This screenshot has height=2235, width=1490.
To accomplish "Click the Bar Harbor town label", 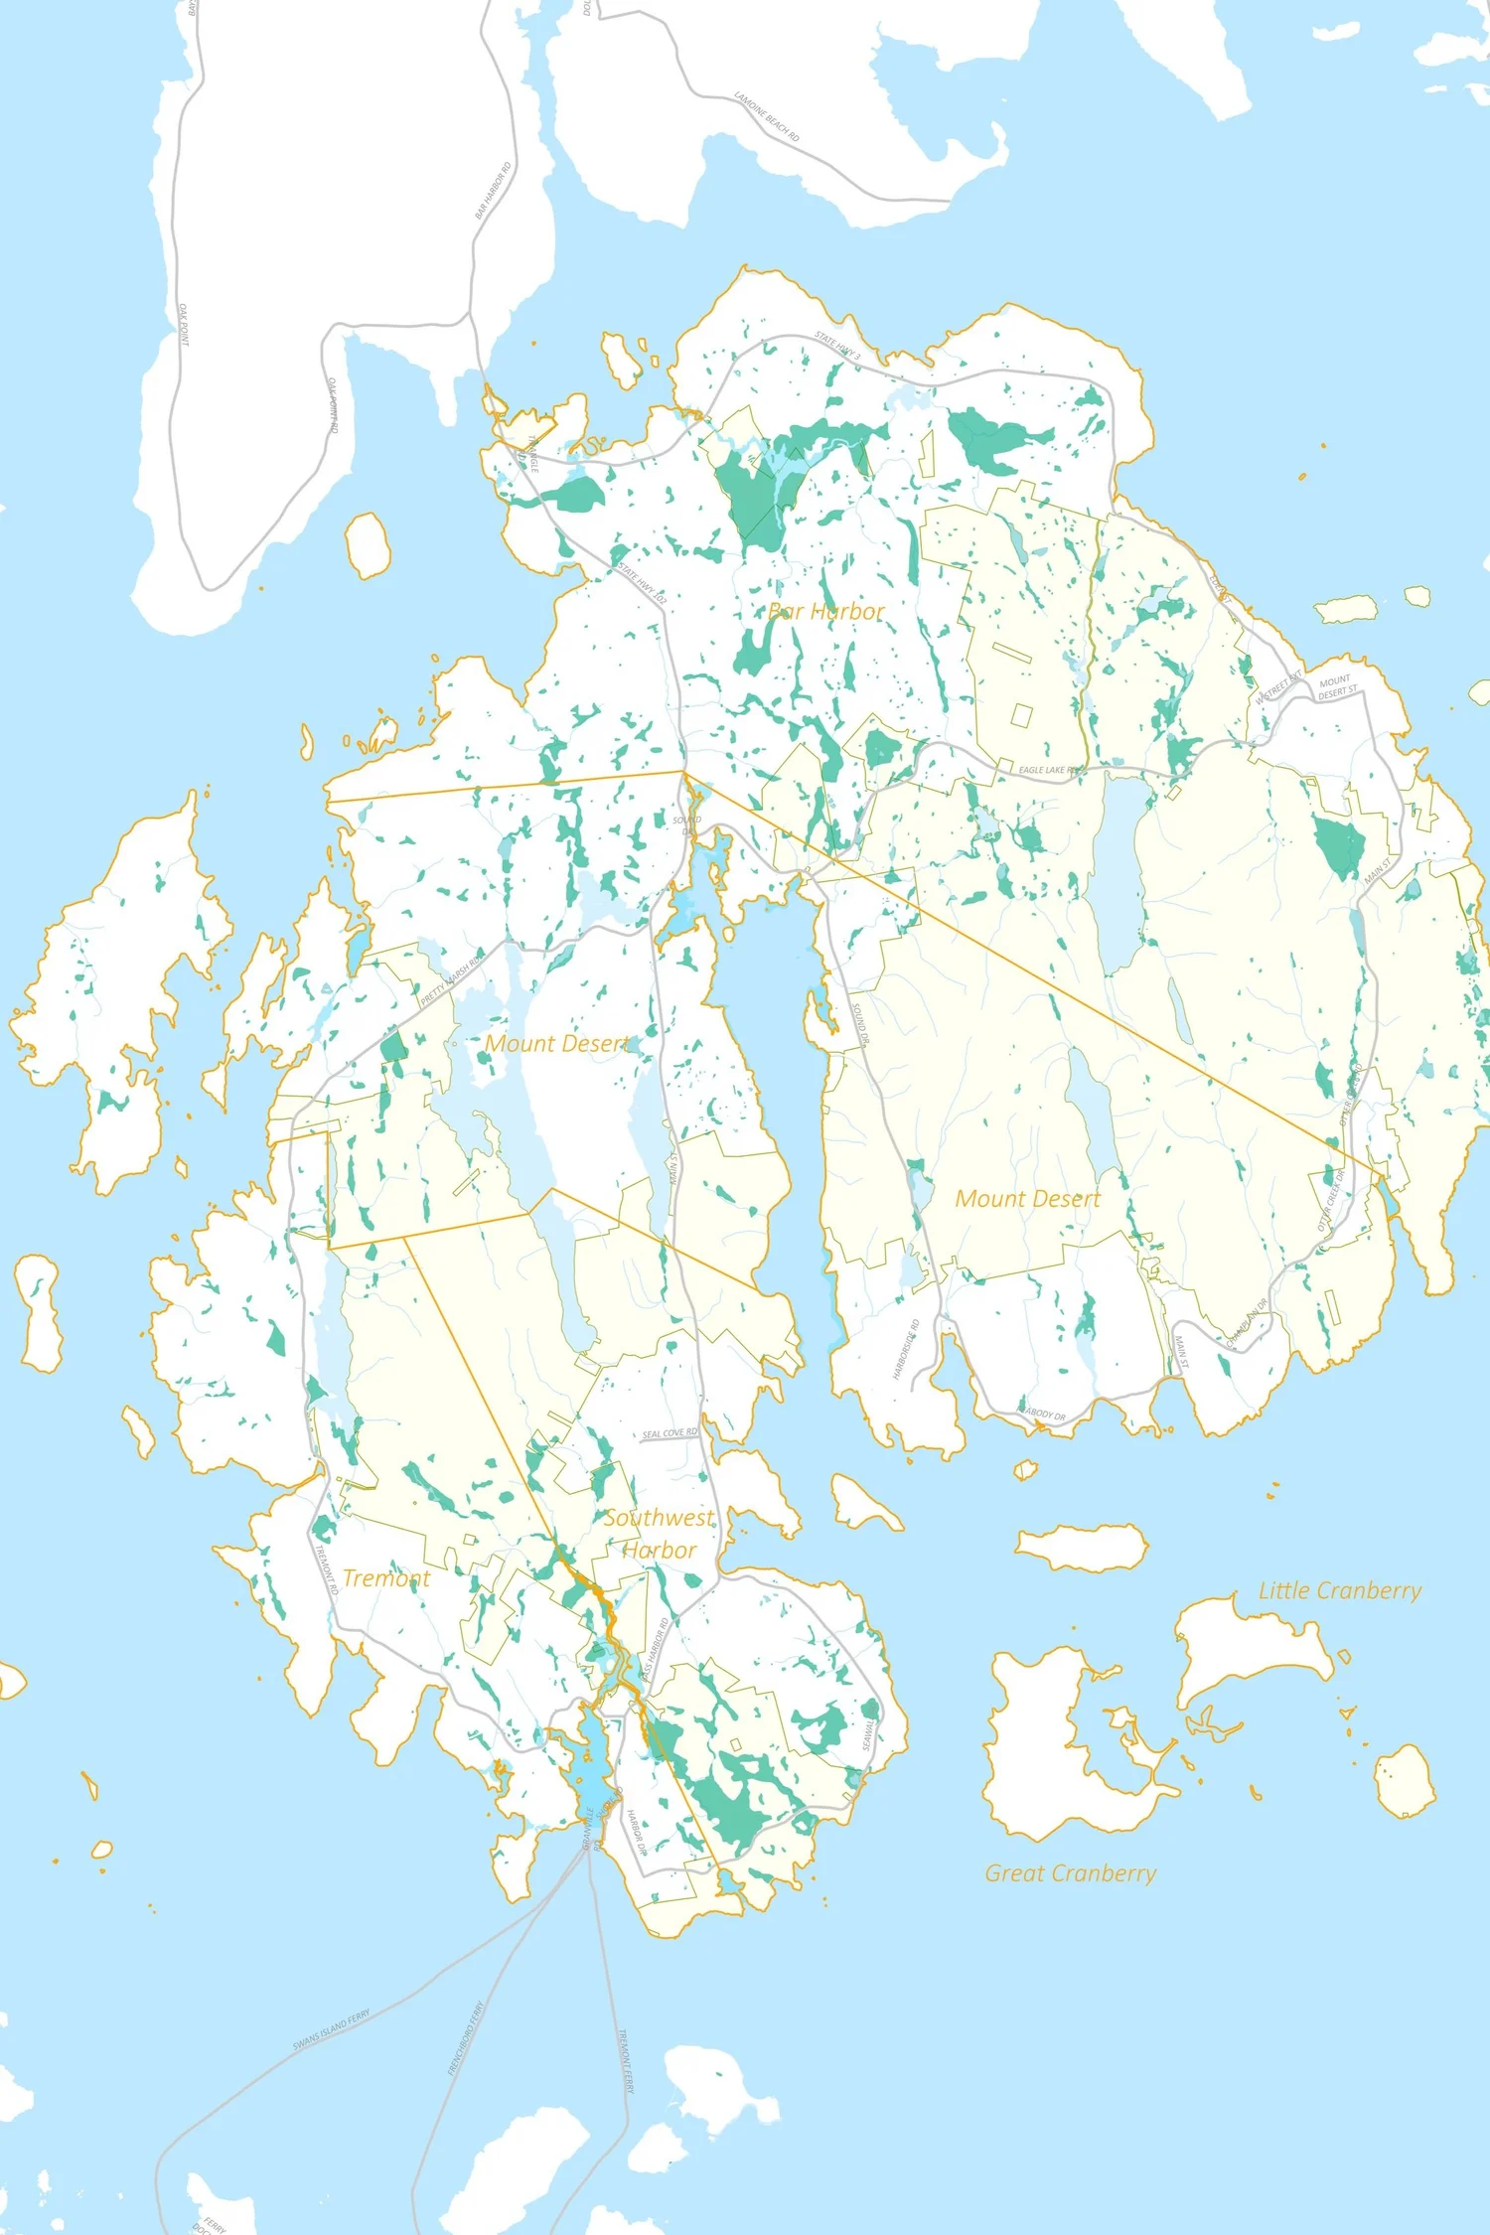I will [825, 612].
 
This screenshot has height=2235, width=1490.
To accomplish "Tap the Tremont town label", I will [386, 1578].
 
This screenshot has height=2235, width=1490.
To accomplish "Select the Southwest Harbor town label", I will [659, 1534].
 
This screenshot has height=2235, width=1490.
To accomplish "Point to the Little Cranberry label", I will [1339, 1590].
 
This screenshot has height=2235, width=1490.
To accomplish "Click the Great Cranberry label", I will [1070, 1873].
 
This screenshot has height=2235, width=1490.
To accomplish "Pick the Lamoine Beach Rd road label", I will [767, 116].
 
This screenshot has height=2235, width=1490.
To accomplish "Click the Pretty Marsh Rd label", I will [451, 979].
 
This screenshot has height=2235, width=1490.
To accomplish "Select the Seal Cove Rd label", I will [670, 1433].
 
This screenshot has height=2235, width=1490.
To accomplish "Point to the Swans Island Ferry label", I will [331, 2029].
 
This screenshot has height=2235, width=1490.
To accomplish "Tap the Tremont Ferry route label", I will [626, 2061].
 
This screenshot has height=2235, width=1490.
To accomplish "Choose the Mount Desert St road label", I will [1337, 686].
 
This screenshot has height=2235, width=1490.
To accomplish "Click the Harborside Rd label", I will [905, 1349].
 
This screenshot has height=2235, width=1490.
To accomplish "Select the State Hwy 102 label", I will [643, 583].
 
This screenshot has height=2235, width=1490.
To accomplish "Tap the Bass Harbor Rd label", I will [654, 1650].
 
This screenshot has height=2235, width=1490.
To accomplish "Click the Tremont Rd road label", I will [327, 1569].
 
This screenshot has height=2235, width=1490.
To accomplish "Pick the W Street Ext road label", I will [1277, 687].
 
